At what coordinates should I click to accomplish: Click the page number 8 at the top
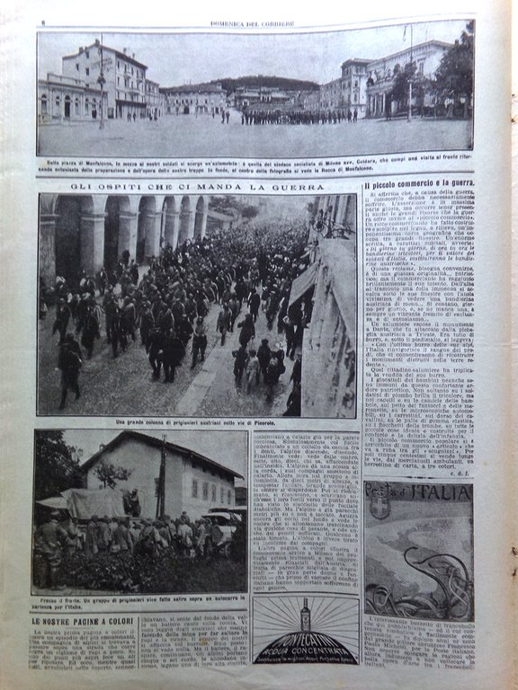coord(42,11)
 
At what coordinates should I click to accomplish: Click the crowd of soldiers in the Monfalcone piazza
coord(297,116)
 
